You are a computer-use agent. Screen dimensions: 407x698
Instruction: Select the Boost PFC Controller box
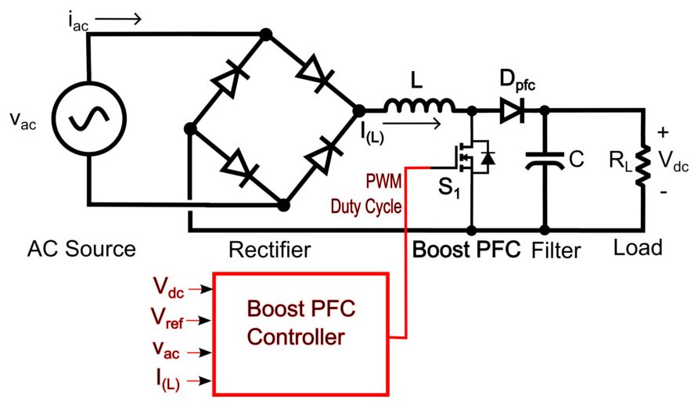[x=300, y=333]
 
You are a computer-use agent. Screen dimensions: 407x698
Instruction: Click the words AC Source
[x=81, y=250]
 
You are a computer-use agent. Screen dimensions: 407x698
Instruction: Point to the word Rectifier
[x=269, y=250]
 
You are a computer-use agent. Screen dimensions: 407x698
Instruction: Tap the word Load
[x=638, y=248]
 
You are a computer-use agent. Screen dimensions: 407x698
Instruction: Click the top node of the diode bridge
[x=266, y=34]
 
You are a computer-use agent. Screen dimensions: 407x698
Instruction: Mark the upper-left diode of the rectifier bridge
[x=227, y=80]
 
